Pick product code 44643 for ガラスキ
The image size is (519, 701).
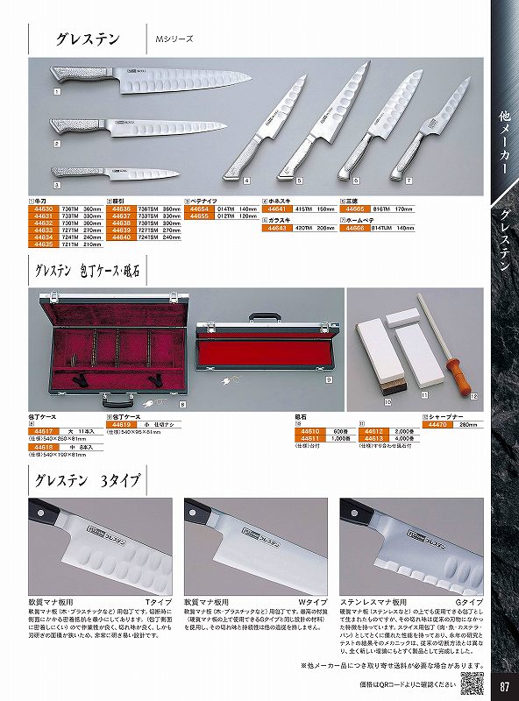pos(277,228)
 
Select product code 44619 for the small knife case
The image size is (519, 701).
pos(119,424)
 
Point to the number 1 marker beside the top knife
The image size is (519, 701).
pos(57,90)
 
